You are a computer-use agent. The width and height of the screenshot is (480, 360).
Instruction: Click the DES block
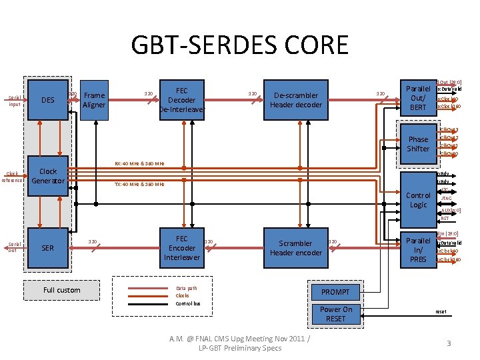point(48,101)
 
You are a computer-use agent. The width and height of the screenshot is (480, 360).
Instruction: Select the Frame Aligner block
point(94,100)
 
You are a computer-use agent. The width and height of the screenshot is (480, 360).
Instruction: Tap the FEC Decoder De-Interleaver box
point(181,100)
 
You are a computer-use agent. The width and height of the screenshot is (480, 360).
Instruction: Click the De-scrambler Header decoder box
point(296,100)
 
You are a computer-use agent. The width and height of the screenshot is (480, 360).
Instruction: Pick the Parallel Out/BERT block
point(418,98)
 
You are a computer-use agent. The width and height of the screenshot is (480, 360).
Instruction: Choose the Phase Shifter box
point(418,144)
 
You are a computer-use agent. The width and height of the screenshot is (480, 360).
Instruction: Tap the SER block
point(48,248)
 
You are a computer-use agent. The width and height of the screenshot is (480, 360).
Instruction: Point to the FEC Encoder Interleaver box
point(181,248)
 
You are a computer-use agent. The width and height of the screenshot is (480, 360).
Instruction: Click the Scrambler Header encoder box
point(295,248)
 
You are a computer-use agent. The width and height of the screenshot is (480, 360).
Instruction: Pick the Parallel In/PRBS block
point(418,249)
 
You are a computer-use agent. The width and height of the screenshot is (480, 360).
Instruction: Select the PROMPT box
point(335,292)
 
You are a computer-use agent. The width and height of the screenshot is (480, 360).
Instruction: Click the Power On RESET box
point(335,314)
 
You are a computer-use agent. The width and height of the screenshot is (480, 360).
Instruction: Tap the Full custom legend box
point(61,290)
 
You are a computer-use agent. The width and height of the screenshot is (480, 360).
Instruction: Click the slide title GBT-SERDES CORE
point(239,45)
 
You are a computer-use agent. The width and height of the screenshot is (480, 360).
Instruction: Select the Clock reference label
point(11,177)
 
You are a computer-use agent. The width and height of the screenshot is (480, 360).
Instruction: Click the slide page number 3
point(449,343)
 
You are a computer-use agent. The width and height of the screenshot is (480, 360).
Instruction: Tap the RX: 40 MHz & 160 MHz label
point(139,163)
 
